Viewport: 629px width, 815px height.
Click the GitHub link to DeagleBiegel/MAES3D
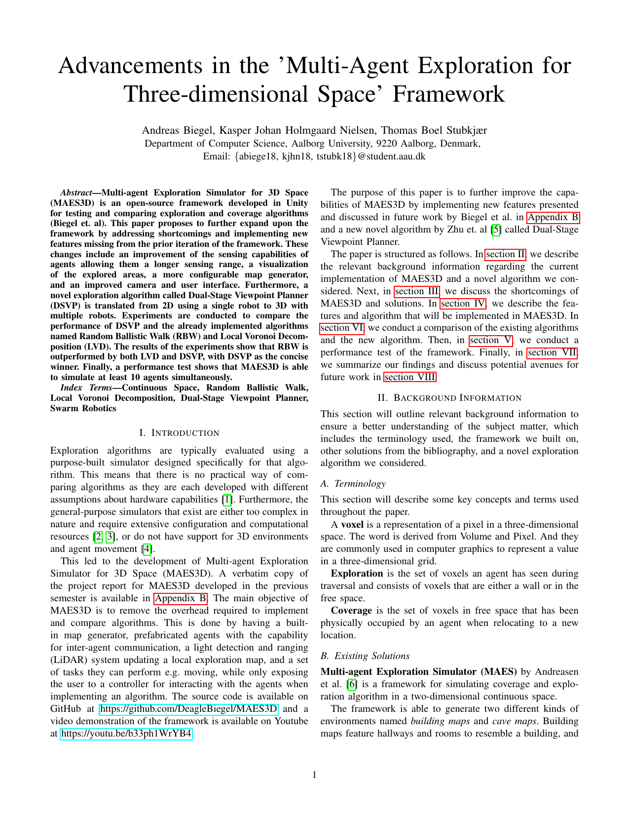189,709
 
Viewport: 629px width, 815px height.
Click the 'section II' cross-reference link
506,254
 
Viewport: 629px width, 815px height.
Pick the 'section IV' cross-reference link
463,304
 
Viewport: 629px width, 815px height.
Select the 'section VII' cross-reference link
552,352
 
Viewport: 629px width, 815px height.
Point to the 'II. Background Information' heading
449,398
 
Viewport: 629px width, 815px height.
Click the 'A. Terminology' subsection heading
353,484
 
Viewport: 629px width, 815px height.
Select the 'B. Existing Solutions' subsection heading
365,656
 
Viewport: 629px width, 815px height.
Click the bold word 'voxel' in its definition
352,524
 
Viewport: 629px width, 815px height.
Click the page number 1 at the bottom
314,775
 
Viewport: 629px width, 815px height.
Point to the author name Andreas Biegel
178,130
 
